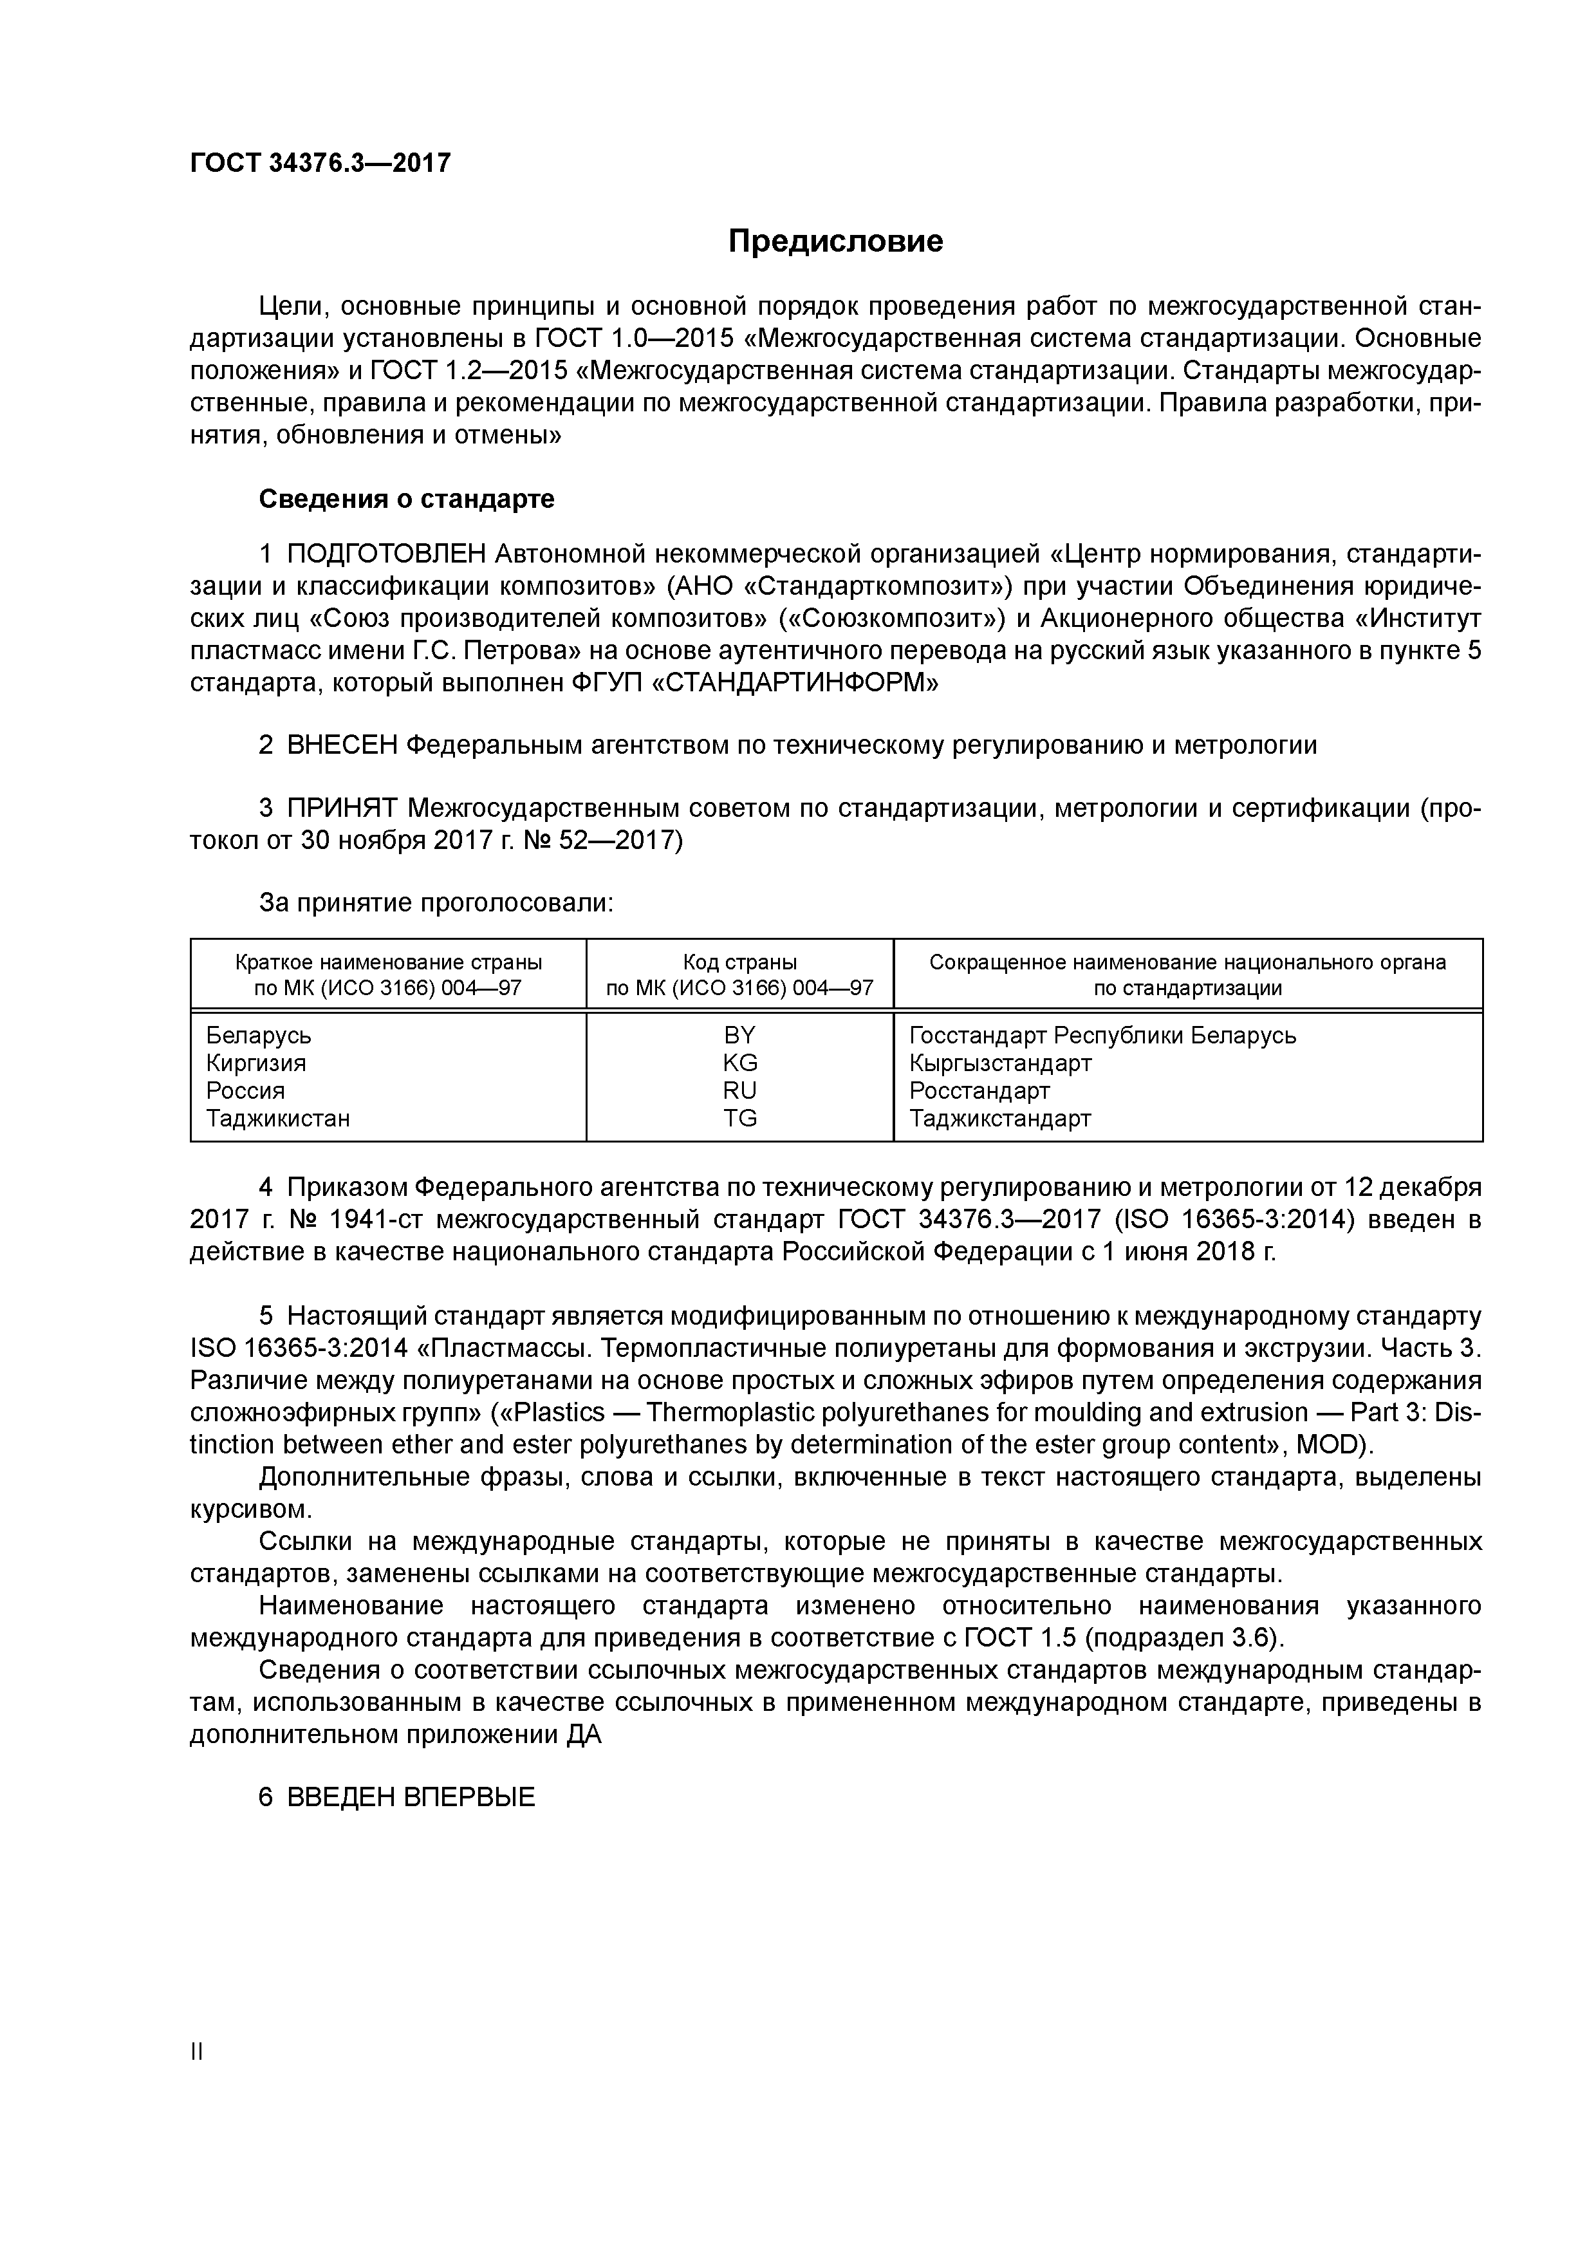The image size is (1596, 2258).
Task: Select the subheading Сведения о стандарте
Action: tap(406, 499)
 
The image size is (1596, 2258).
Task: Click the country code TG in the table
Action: tap(739, 1118)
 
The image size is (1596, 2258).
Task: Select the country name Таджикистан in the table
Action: tap(278, 1118)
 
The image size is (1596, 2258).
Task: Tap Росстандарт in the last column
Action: tap(979, 1090)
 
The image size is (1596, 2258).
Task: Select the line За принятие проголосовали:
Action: tap(436, 903)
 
